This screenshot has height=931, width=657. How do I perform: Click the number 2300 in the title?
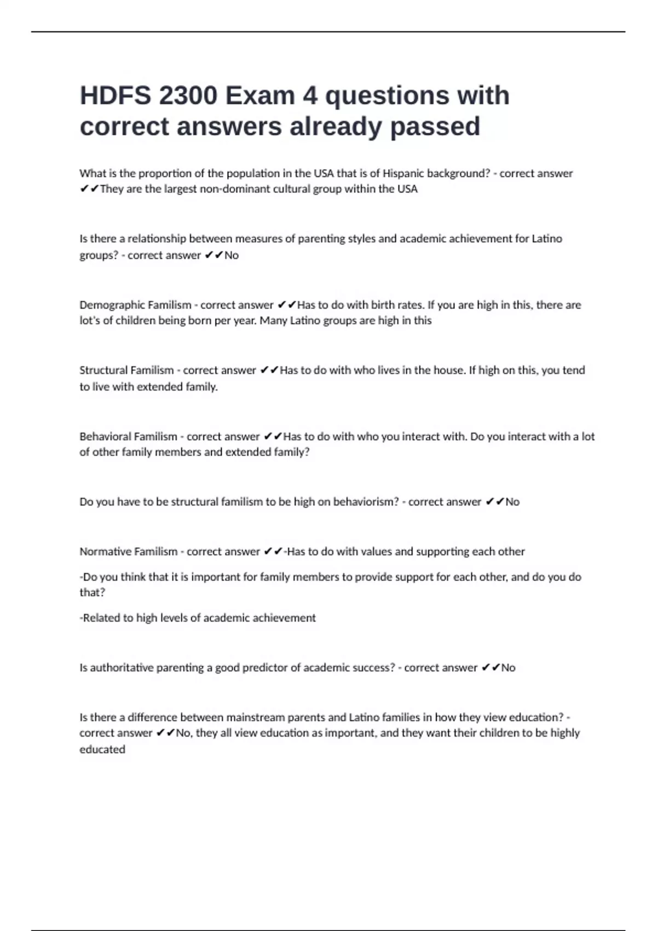(x=187, y=96)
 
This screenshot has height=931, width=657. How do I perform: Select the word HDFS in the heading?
(x=115, y=96)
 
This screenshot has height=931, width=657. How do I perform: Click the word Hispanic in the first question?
(x=403, y=174)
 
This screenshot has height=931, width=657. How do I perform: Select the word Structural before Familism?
(x=102, y=370)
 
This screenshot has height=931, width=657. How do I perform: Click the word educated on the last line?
(x=102, y=749)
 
